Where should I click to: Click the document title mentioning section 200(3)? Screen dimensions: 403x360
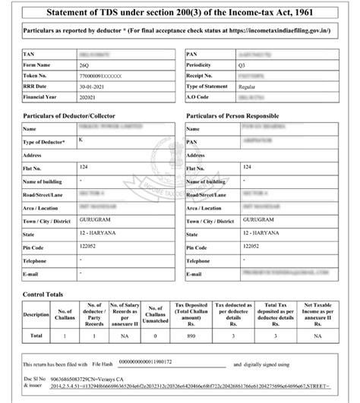tap(180, 13)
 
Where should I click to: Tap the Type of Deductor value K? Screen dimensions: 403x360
tap(80, 141)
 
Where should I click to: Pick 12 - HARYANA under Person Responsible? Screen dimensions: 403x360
tap(262, 233)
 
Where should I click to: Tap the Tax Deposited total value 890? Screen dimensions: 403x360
tap(191, 335)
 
